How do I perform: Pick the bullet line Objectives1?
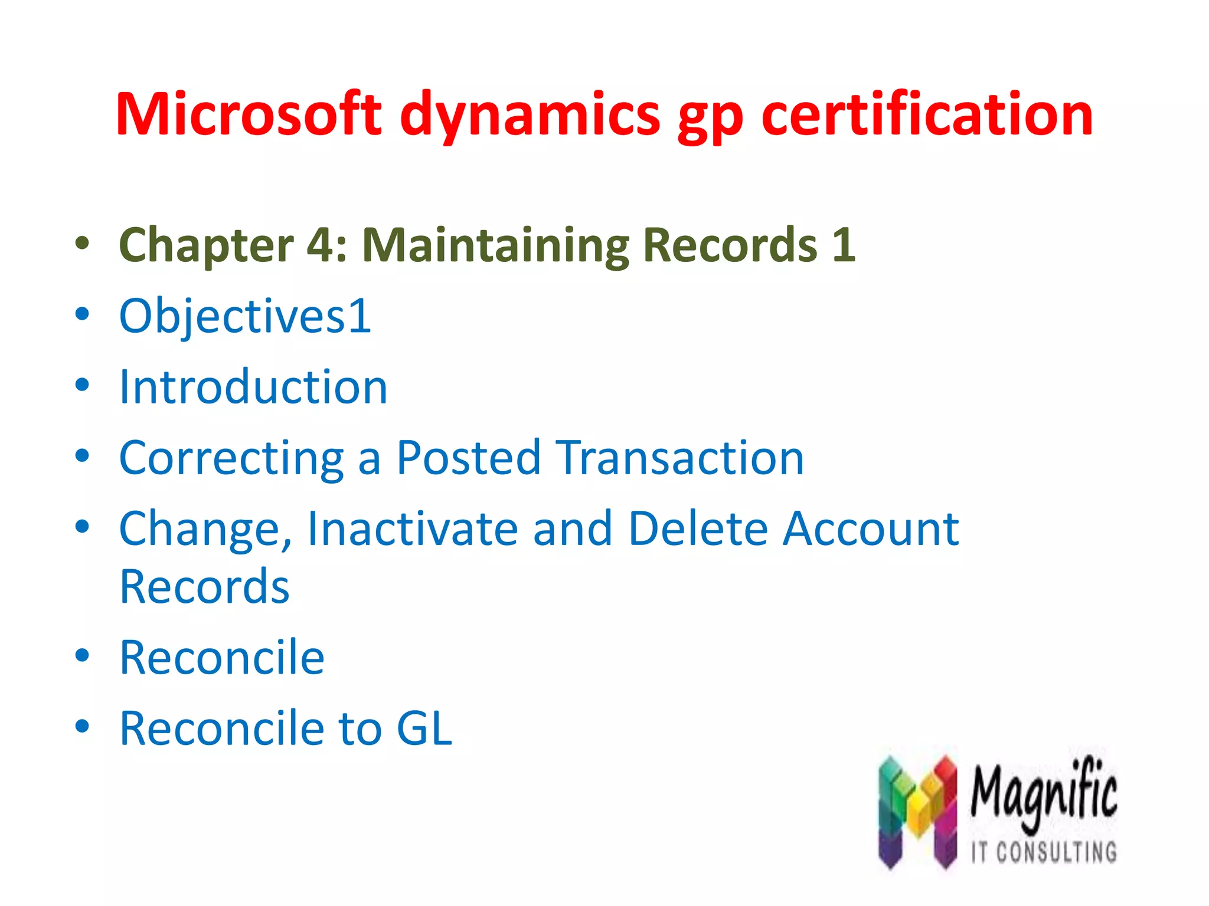click(245, 317)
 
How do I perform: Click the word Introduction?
click(253, 387)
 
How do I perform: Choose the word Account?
click(871, 528)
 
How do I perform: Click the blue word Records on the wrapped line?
click(204, 587)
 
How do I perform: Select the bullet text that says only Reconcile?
click(222, 658)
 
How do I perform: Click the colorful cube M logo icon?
click(917, 811)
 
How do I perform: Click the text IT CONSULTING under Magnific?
click(1044, 852)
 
